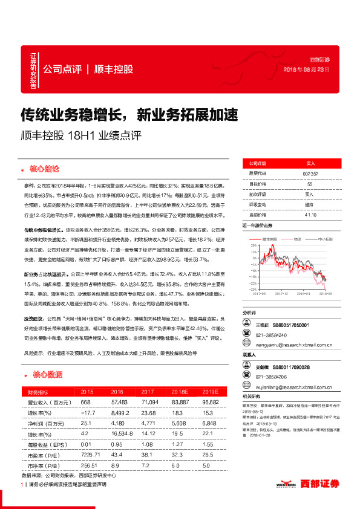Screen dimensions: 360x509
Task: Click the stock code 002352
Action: click(310, 173)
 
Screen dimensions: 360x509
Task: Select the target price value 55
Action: click(310, 184)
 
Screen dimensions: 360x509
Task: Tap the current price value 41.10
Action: click(310, 215)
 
